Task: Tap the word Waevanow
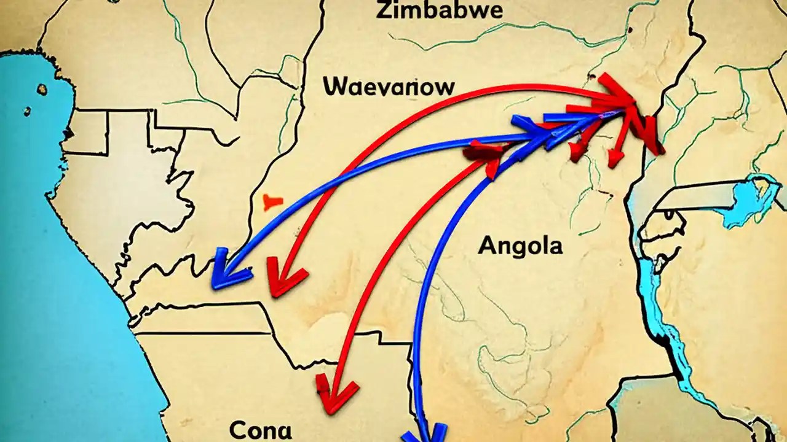389,87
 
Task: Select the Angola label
520,246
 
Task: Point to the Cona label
260,430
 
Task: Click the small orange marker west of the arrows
272,202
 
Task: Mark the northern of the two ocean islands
41,90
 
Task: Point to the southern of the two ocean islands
27,111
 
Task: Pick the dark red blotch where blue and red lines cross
486,151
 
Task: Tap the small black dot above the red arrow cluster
592,77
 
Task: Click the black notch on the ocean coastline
69,132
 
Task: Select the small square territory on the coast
85,132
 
